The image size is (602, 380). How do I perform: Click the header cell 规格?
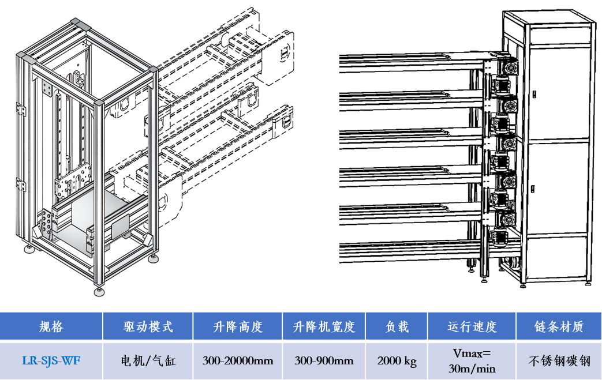51,326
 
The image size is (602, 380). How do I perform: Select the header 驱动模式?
148,326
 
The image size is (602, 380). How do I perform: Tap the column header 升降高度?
237,326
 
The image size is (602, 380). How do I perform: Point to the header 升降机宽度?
324,326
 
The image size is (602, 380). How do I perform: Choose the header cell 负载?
397,326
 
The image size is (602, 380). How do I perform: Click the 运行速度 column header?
471,326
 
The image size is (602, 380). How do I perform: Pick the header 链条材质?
559,326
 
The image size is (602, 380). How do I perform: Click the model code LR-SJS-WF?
51,361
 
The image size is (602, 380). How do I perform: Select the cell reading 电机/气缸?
148,361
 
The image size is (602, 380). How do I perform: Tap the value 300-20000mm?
237,361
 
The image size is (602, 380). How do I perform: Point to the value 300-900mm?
324,361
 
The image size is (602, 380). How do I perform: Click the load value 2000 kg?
397,361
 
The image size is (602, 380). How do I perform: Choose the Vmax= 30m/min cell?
471,361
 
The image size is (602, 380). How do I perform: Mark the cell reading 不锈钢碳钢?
559,361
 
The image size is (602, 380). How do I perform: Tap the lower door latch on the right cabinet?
533,187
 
